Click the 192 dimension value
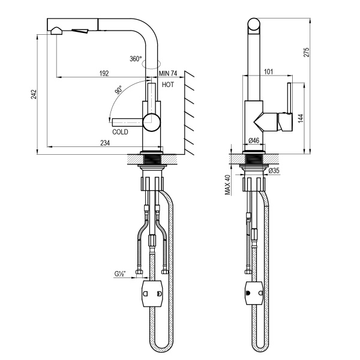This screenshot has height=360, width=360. [103, 73]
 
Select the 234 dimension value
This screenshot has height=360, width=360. [104, 142]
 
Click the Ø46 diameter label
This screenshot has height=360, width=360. [254, 141]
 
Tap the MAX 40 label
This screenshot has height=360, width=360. [228, 185]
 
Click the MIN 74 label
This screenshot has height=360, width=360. [169, 73]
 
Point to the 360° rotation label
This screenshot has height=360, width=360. [136, 59]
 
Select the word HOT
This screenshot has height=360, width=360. [167, 85]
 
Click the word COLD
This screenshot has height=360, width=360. [120, 131]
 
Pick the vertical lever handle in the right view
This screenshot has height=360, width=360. [289, 106]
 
